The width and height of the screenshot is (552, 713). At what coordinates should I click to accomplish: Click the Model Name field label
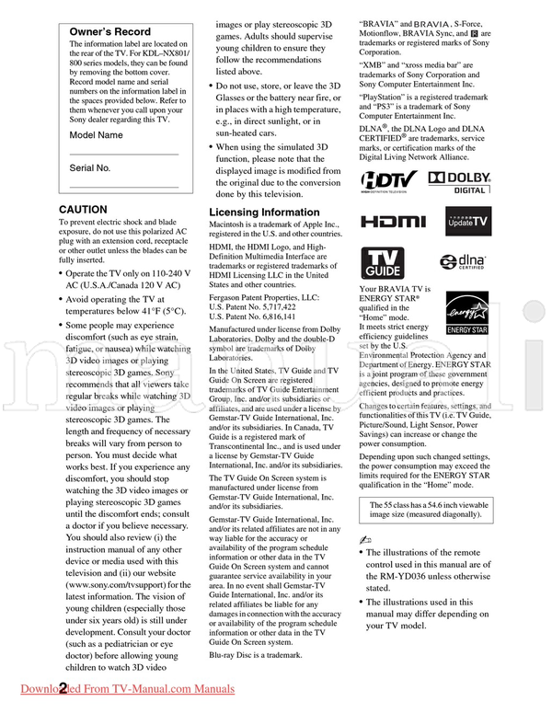(96, 135)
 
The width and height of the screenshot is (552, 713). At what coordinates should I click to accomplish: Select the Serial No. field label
(90, 168)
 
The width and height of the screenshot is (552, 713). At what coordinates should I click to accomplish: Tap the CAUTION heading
(83, 210)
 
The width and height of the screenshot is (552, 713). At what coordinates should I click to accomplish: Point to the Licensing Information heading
(264, 212)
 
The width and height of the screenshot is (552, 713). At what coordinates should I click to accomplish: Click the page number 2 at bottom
(63, 689)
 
